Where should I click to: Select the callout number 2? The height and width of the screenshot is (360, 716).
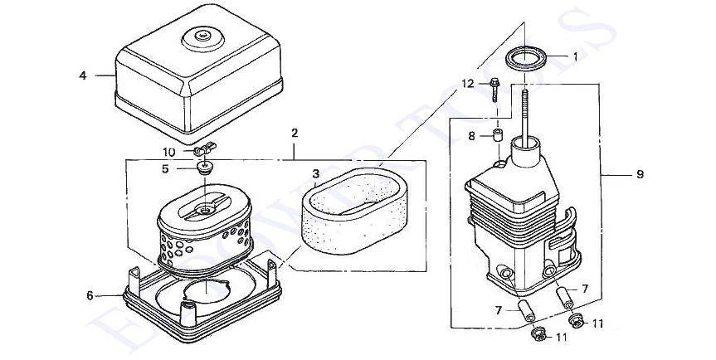tap(295, 133)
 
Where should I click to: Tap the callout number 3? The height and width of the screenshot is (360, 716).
tap(316, 173)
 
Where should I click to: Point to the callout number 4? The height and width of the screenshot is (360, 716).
tap(83, 75)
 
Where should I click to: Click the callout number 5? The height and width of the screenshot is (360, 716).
tap(166, 168)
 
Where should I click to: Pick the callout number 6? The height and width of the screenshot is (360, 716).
tap(90, 294)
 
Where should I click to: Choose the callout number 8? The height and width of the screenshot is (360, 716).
tap(471, 136)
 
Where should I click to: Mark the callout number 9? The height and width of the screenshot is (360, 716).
tap(640, 174)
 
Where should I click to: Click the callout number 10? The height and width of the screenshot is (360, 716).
tap(168, 152)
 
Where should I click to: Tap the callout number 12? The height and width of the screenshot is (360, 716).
tap(468, 83)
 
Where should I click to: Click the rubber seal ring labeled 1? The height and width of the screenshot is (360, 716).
tap(527, 60)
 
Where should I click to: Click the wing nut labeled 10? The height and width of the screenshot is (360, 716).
tap(202, 150)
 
